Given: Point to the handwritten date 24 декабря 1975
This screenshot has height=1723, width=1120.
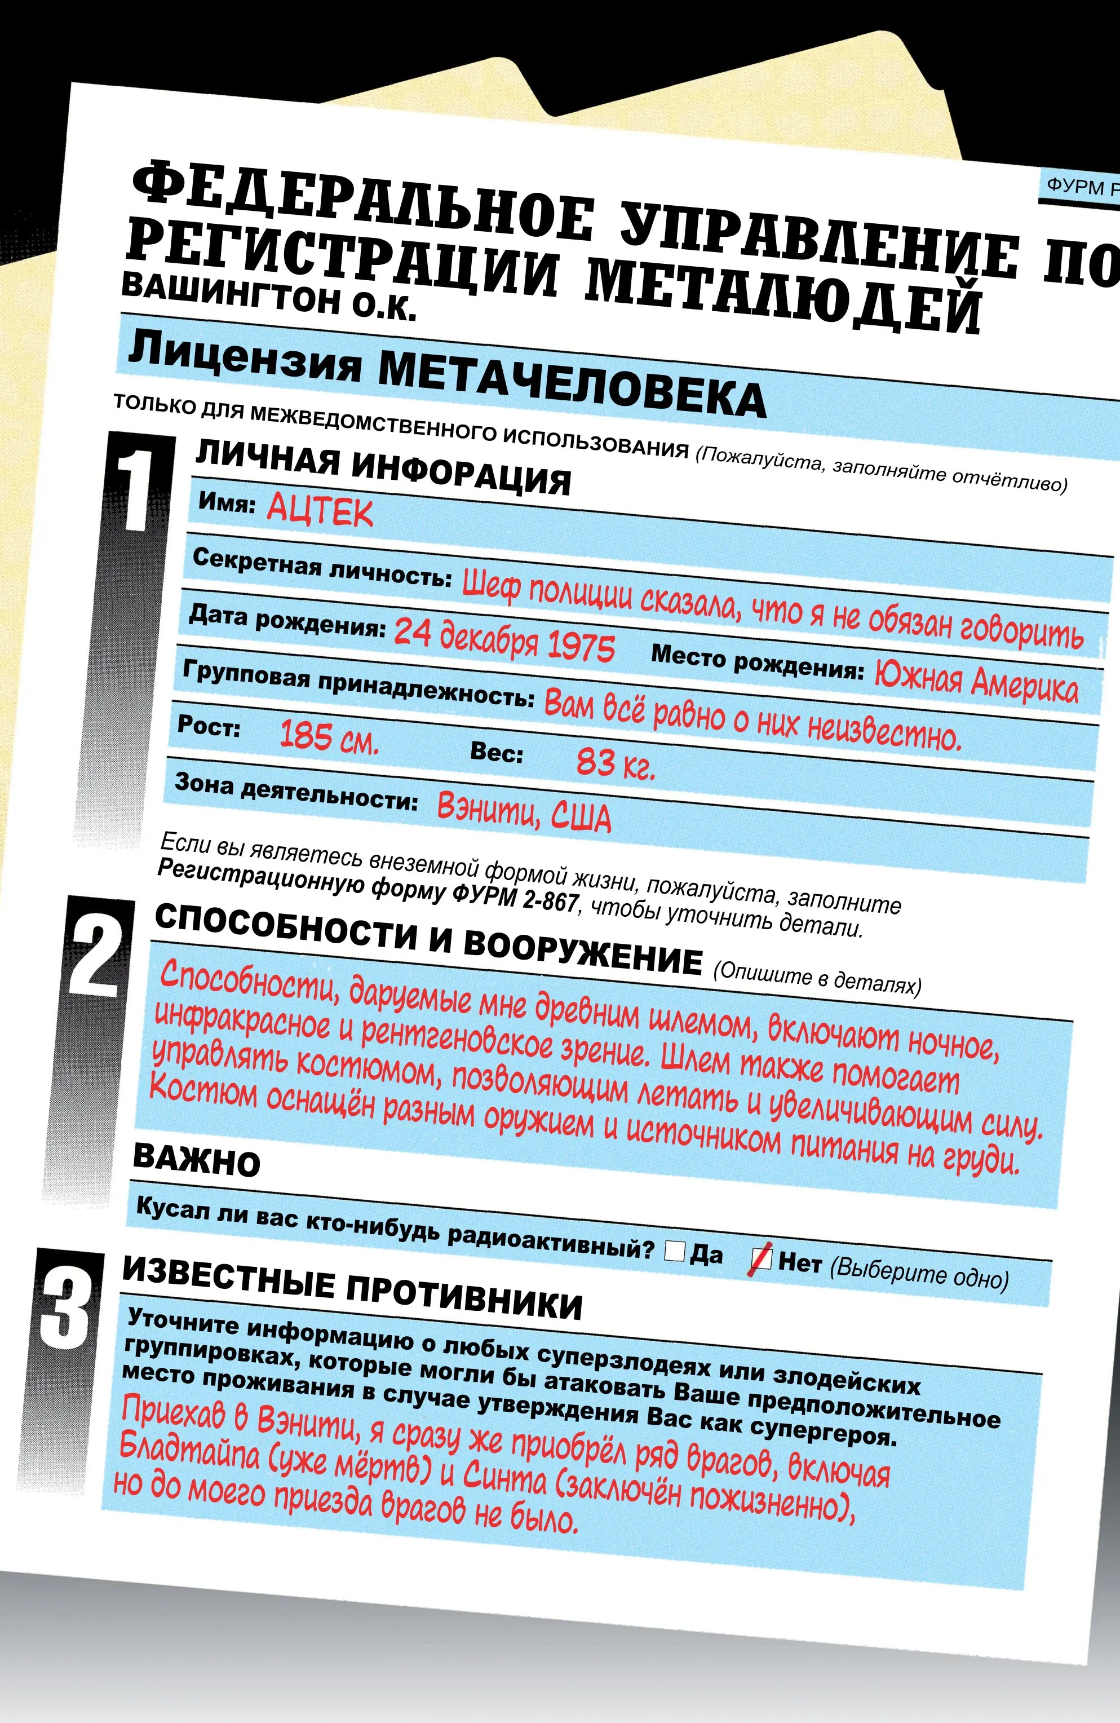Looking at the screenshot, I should (504, 639).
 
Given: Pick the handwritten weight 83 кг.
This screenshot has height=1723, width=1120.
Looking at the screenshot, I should (616, 763).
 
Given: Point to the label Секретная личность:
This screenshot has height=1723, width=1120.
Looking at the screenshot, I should (322, 568).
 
